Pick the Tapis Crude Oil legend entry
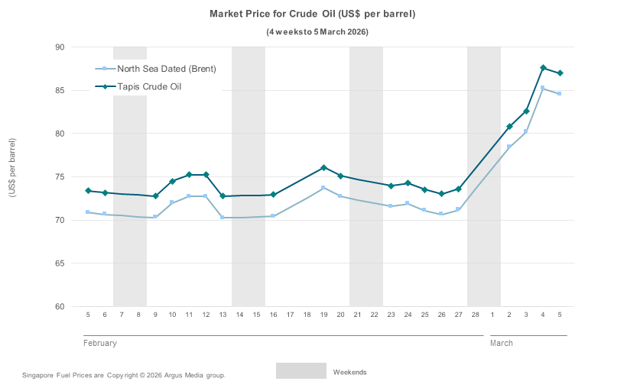click(149, 86)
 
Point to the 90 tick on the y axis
click(60, 47)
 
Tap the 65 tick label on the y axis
click(60, 263)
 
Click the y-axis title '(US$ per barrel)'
click(12, 168)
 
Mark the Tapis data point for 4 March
click(543, 68)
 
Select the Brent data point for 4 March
click(543, 88)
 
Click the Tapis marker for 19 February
click(323, 167)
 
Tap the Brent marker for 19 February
click(323, 188)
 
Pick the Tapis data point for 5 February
click(88, 190)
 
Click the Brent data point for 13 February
click(223, 218)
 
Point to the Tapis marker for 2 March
click(509, 126)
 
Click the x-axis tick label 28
click(476, 315)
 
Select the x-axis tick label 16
click(273, 315)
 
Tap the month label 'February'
click(100, 343)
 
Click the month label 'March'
click(502, 343)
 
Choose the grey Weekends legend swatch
click(301, 371)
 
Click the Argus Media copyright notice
click(124, 376)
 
